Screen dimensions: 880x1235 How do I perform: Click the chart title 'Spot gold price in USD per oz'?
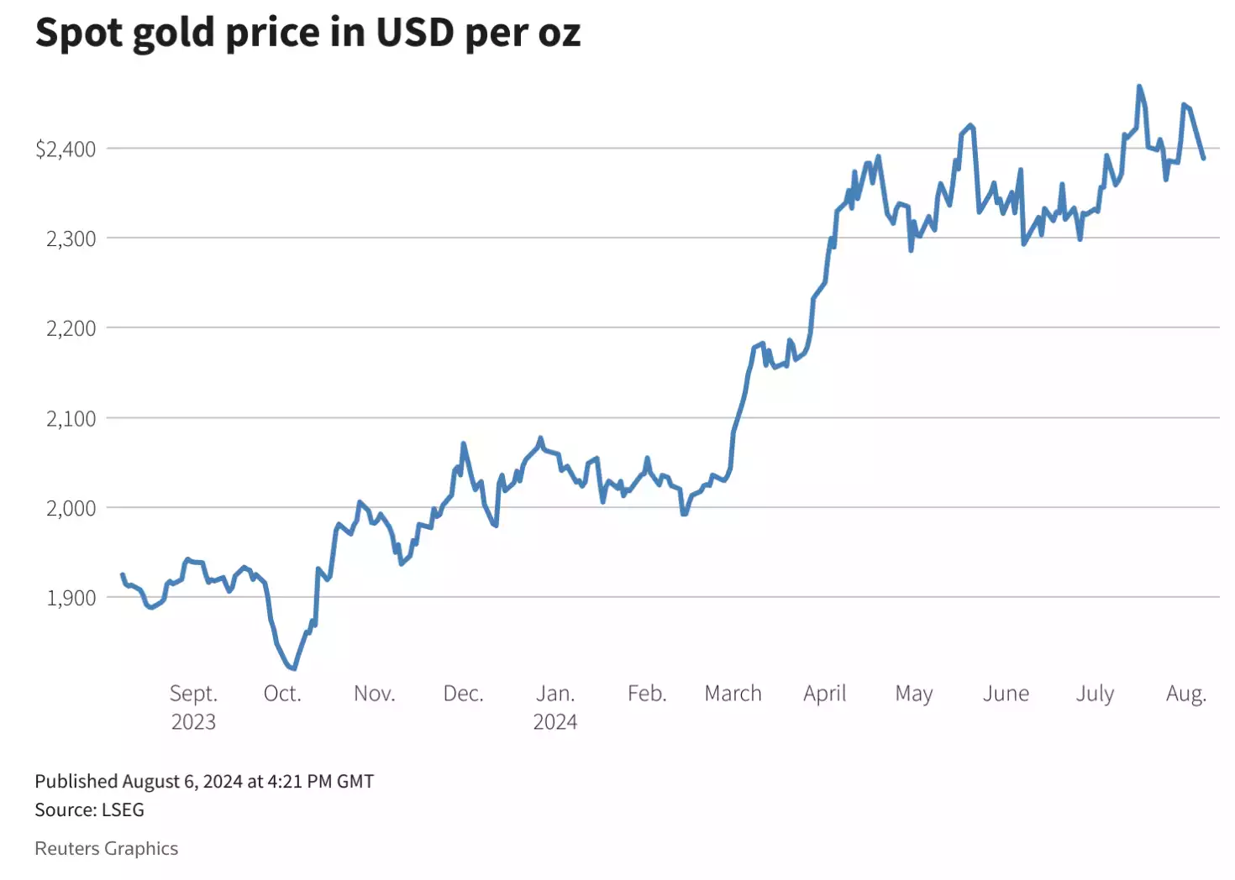(307, 34)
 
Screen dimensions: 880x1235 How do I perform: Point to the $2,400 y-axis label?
(66, 149)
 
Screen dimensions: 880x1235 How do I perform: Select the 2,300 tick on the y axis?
(71, 238)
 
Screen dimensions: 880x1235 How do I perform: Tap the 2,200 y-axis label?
(71, 328)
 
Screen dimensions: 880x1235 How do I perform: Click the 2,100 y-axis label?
(71, 418)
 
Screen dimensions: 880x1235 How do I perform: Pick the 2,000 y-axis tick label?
(71, 508)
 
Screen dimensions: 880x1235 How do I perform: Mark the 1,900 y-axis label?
(71, 598)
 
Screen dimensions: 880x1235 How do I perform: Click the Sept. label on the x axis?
(193, 694)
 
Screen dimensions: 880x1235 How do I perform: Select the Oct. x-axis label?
(282, 694)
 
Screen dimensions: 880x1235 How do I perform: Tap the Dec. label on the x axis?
(463, 694)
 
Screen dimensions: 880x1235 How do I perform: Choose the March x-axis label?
(733, 694)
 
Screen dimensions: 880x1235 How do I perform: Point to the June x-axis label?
(1006, 694)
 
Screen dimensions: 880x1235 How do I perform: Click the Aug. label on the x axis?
(1185, 694)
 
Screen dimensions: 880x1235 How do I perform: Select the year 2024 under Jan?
(554, 722)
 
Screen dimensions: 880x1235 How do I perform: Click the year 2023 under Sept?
(193, 722)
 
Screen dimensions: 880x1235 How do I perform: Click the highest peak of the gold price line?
(1139, 86)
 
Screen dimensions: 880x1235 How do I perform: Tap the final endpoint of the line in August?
(1204, 158)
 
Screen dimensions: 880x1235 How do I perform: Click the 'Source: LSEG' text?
(89, 810)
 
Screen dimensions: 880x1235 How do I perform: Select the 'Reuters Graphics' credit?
(106, 849)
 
